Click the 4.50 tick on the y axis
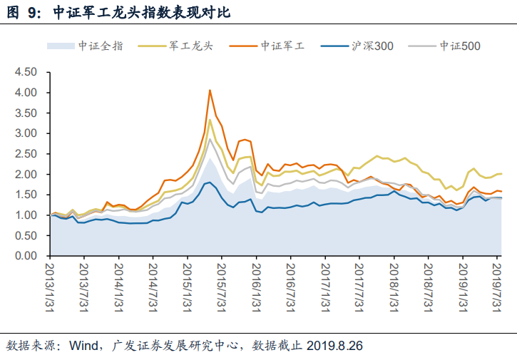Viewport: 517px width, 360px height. tap(26, 72)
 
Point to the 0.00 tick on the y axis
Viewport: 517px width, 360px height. tap(26, 255)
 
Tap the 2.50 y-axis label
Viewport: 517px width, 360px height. tap(26, 154)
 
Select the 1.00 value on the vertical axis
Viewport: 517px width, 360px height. tap(26, 215)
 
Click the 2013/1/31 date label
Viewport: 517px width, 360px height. tap(50, 287)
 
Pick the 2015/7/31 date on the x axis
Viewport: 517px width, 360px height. tap(222, 287)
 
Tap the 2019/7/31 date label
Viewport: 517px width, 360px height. tap(497, 287)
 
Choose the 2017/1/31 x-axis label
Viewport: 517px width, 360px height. tap(325, 287)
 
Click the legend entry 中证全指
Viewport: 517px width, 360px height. tap(101, 46)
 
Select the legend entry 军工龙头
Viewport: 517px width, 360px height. tap(191, 46)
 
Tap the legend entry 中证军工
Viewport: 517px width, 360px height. tap(282, 46)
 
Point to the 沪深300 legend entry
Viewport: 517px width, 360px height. tap(372, 46)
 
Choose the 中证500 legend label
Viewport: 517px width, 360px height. tap(460, 46)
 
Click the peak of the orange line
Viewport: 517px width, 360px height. tap(210, 90)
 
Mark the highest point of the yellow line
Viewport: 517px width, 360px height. tap(210, 120)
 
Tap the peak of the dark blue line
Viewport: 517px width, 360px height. tap(210, 182)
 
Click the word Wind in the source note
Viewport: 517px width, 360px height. tap(83, 346)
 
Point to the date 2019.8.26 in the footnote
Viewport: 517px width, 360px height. tap(334, 346)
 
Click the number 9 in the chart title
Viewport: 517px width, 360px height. tap(31, 13)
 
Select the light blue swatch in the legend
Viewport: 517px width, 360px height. tap(61, 46)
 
